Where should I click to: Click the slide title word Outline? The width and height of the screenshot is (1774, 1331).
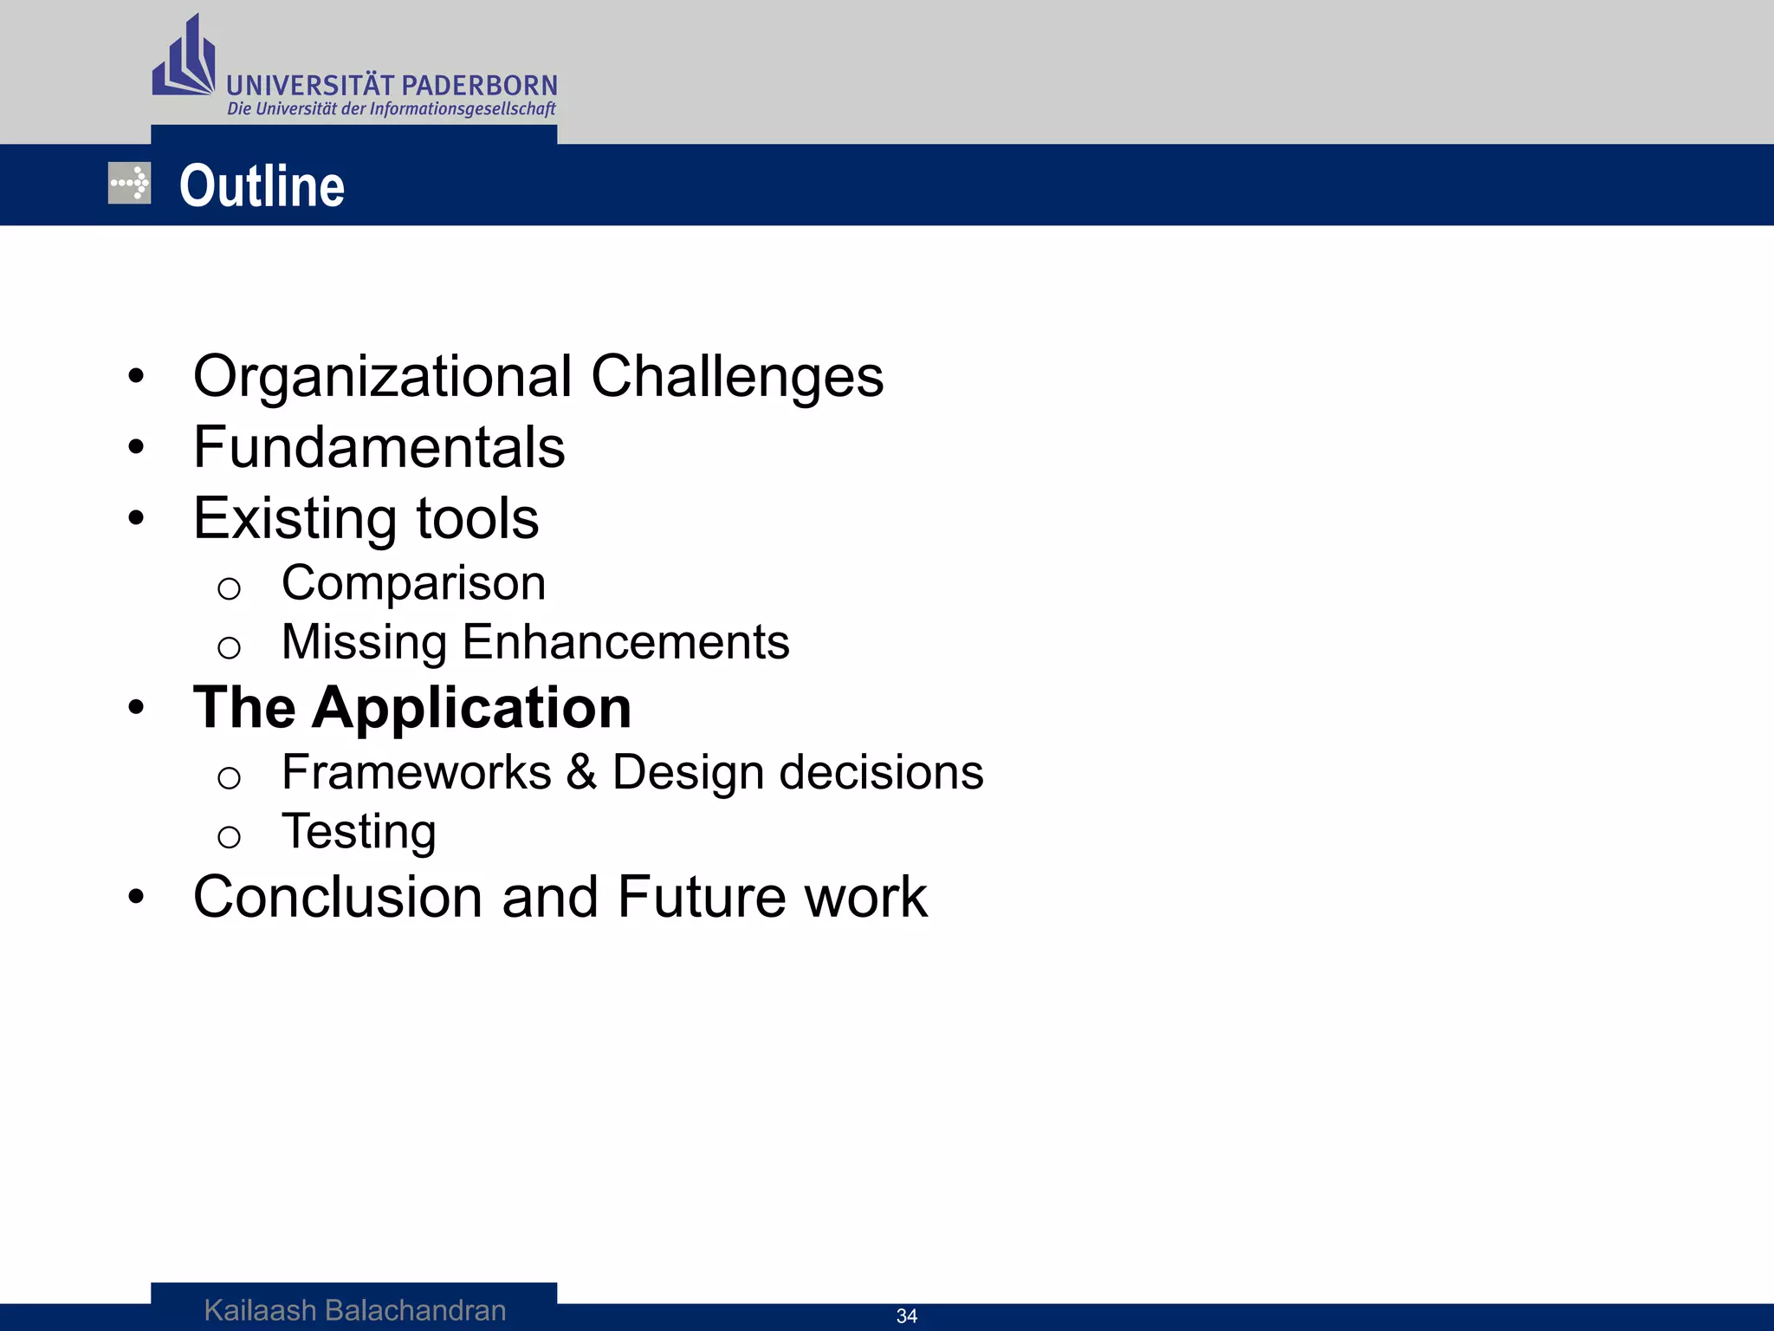(x=262, y=186)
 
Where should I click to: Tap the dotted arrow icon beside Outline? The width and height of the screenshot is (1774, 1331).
(x=129, y=184)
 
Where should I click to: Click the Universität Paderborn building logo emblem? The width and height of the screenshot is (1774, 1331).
(x=184, y=59)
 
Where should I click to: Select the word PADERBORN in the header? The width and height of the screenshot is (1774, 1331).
(x=480, y=86)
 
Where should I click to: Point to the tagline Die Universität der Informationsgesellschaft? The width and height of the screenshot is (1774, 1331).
(x=392, y=109)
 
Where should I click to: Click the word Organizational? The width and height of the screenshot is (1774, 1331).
(x=382, y=377)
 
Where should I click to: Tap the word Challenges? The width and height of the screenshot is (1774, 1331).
(x=737, y=377)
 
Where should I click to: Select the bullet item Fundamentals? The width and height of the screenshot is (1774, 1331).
(x=379, y=448)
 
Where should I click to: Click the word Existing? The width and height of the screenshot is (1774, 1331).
(x=295, y=519)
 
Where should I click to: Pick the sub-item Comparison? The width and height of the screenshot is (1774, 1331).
(x=413, y=583)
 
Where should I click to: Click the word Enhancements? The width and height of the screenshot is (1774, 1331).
(x=625, y=642)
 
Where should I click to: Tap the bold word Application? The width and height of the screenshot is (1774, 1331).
(x=472, y=709)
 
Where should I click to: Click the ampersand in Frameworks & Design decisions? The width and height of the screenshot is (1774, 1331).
(x=581, y=772)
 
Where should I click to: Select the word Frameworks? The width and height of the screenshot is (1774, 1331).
(x=416, y=772)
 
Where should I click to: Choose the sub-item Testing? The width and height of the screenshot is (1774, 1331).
(x=359, y=832)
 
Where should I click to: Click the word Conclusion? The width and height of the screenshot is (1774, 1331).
(x=338, y=897)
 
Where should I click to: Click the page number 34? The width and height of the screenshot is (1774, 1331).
(x=906, y=1316)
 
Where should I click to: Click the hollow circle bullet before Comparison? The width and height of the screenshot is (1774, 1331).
(x=229, y=589)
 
